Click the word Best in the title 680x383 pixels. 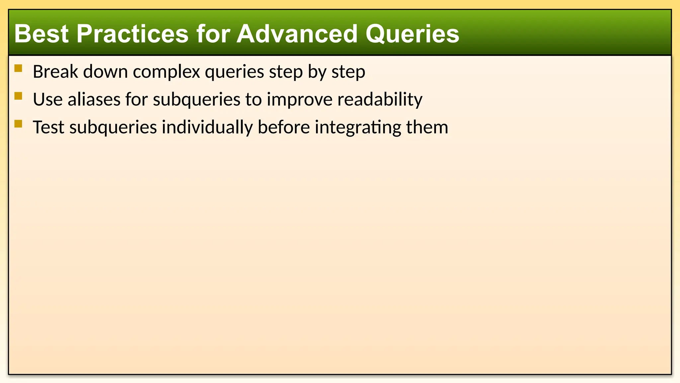pos(41,34)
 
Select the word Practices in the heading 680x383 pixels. pos(132,34)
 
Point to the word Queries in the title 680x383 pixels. pos(412,34)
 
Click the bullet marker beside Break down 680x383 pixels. pos(18,69)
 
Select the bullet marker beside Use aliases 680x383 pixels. pos(18,96)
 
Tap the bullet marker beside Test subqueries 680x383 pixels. pos(18,124)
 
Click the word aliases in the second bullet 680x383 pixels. pos(94,99)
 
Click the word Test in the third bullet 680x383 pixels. pos(48,127)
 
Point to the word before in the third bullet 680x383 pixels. pos(284,127)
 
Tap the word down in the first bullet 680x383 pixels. pos(105,71)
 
